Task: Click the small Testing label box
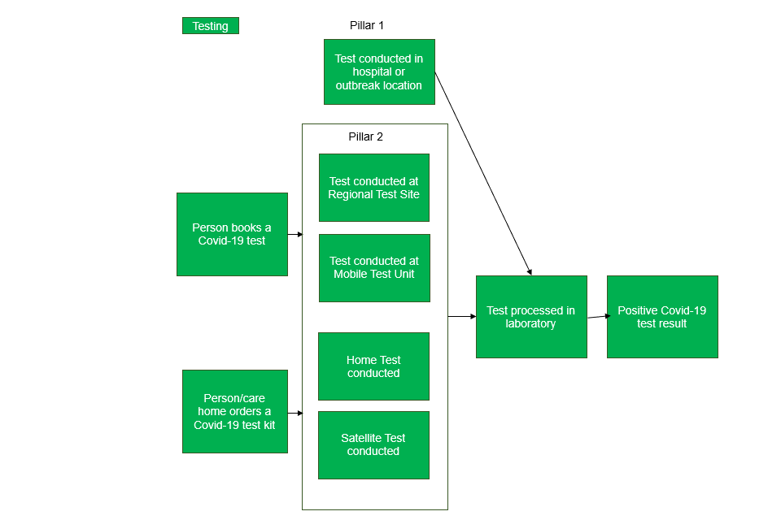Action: (210, 26)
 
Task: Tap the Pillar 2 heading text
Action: (365, 136)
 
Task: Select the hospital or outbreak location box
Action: (379, 72)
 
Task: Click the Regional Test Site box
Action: (373, 188)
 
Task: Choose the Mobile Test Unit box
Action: (373, 267)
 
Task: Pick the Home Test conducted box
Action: (373, 366)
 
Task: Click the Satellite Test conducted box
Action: (373, 444)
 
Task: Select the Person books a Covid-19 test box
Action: (232, 234)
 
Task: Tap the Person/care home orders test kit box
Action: (234, 411)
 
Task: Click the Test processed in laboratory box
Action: (530, 317)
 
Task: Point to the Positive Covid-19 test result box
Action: (662, 317)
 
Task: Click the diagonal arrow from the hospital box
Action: (483, 174)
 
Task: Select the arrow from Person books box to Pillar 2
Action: (295, 234)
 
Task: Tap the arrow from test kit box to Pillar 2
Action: (295, 413)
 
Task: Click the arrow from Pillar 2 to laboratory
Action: (462, 316)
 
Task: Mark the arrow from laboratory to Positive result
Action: (598, 317)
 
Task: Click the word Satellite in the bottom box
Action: (360, 438)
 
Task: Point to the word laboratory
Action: (530, 323)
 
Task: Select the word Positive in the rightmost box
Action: (639, 310)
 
